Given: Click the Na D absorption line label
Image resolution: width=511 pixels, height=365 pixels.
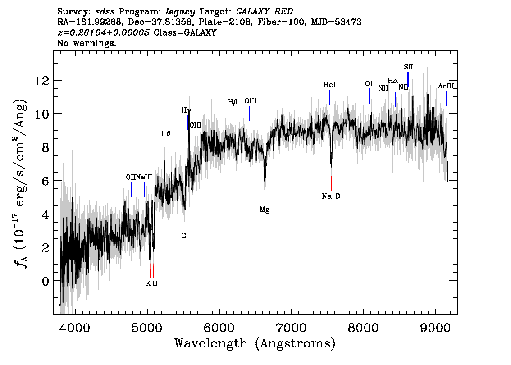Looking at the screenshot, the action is tap(331, 196).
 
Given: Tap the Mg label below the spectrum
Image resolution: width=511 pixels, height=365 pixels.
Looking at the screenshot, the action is tap(265, 210).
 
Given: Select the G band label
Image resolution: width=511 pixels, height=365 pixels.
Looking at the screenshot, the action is tap(184, 236).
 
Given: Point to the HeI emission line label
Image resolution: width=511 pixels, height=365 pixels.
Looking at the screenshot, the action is tap(329, 85).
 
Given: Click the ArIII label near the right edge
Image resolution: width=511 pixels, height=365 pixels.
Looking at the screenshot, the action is tap(446, 87).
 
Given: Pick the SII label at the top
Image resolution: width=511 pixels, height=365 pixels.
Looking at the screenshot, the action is tap(408, 67).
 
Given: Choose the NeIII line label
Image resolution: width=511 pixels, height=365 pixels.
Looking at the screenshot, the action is tap(144, 177).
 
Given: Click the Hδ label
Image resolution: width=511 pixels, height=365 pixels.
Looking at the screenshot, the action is tap(165, 134).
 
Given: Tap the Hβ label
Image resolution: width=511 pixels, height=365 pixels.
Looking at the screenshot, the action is tap(233, 102).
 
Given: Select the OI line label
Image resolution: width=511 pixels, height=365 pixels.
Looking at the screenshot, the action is tap(369, 84).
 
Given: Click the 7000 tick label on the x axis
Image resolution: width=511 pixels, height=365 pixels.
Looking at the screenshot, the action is tap(291, 328).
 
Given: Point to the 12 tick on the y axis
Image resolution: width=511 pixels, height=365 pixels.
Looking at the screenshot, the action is tap(42, 80).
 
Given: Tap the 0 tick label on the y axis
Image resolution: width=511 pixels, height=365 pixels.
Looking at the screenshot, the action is tap(46, 281).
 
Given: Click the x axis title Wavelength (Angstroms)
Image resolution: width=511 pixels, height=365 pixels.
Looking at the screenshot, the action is tap(255, 343).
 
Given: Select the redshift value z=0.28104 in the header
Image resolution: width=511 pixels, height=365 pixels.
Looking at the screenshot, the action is tap(104, 32).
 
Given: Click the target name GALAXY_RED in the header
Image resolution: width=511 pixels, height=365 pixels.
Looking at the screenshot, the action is tap(265, 12).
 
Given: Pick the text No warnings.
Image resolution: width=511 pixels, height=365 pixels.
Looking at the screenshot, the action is tap(87, 43).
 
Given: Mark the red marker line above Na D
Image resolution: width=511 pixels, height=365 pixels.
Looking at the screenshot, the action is tap(332, 183).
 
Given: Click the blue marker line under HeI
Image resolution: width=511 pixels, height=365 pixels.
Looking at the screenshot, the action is tap(329, 97).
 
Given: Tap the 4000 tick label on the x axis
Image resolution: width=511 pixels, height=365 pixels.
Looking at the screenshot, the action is tap(75, 328).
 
